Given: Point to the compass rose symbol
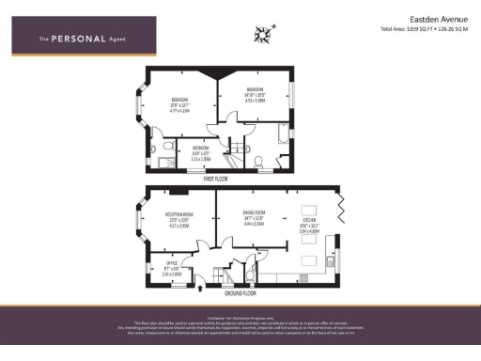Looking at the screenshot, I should pyautogui.click(x=262, y=36).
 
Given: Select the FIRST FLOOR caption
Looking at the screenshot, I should pyautogui.click(x=215, y=178).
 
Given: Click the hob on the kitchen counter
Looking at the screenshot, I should pyautogui.click(x=304, y=279).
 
